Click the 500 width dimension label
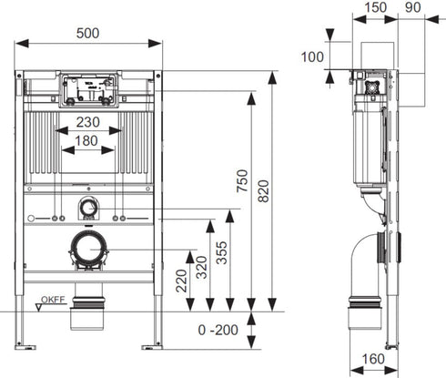87,33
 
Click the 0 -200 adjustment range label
222,329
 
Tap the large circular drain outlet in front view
87,248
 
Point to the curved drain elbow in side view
372,255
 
